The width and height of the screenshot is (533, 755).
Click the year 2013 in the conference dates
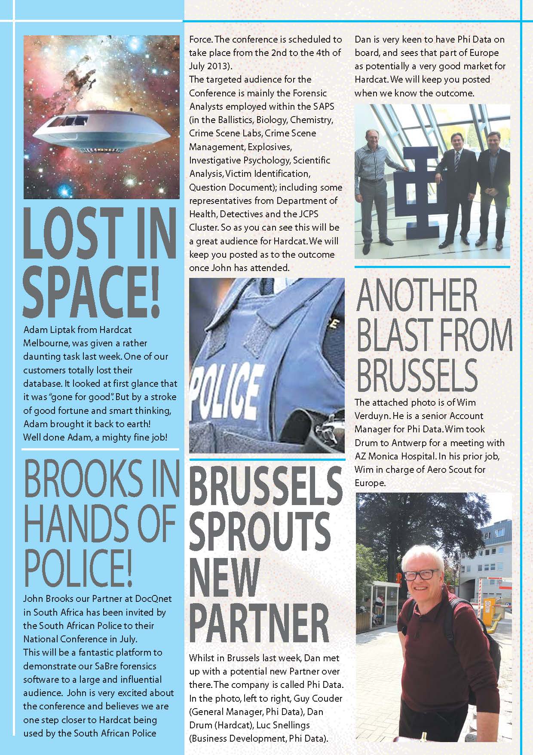coord(219,66)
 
